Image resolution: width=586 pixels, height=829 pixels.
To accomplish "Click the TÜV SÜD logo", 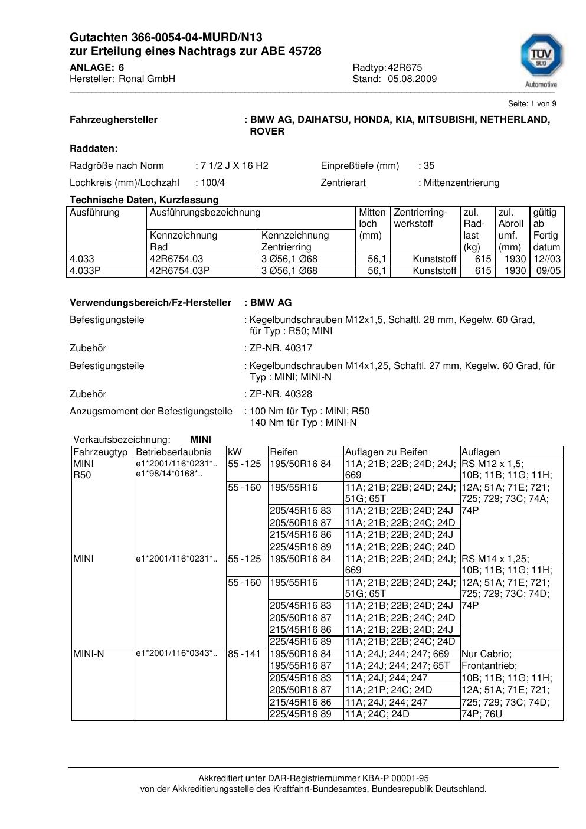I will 541,59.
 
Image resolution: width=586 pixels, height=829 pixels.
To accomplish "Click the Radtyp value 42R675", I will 405,67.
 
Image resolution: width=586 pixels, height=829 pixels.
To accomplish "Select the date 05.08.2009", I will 413,79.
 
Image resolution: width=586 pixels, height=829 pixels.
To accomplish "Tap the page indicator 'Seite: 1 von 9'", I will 532,104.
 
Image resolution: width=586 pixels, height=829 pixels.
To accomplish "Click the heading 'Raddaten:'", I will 94,149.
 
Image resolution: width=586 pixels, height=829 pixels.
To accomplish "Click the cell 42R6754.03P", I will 180,271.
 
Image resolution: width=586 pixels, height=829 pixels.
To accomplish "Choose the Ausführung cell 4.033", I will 82,259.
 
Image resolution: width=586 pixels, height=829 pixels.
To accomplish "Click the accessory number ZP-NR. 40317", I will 281,348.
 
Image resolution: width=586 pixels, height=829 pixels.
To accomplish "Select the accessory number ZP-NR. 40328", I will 281,394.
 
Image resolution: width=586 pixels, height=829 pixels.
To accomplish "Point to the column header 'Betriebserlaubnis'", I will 173,452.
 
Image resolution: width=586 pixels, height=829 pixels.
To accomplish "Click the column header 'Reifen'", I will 284,452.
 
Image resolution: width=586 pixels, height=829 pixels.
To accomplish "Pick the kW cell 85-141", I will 244,654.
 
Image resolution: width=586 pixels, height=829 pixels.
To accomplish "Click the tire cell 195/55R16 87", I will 301,666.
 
